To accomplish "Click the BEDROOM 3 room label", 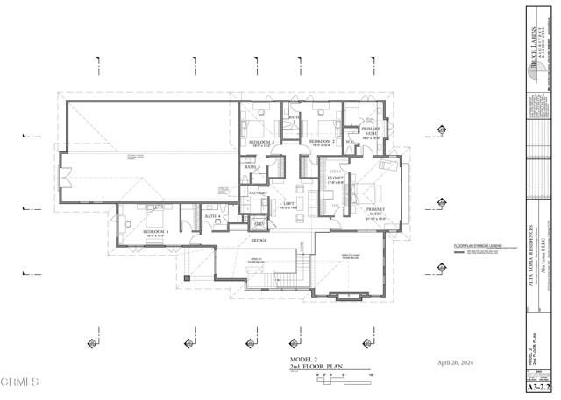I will pyautogui.click(x=261, y=142).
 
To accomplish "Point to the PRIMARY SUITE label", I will pyautogui.click(x=376, y=210).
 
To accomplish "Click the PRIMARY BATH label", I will pyautogui.click(x=369, y=130).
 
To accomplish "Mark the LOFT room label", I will pyautogui.click(x=288, y=203).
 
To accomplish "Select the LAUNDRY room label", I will pyautogui.click(x=259, y=193).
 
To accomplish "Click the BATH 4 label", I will pyautogui.click(x=211, y=216).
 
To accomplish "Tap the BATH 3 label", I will pyautogui.click(x=252, y=166).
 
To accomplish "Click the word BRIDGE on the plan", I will pyautogui.click(x=259, y=240).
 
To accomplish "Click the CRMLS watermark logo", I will pyautogui.click(x=20, y=383).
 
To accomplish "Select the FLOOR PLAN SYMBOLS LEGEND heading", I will pyautogui.click(x=477, y=246).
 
